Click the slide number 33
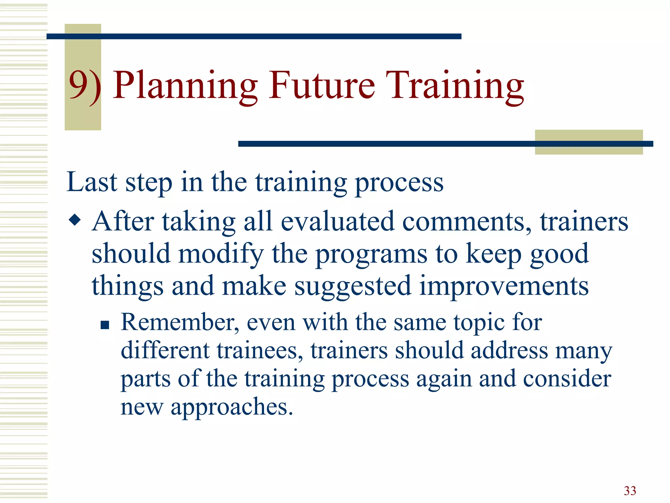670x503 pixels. tap(630, 491)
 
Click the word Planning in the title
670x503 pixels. tap(185, 86)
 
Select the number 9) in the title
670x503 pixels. tap(84, 86)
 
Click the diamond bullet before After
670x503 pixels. tap(75, 220)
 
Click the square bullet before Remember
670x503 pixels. tap(105, 325)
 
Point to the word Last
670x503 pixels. tap(92, 182)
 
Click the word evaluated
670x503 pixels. tap(337, 221)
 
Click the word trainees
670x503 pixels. tap(260, 350)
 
